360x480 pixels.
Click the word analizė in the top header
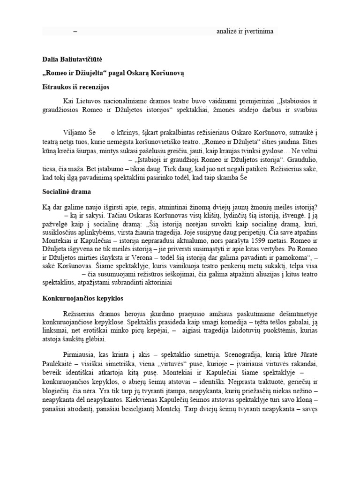[228, 31]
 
